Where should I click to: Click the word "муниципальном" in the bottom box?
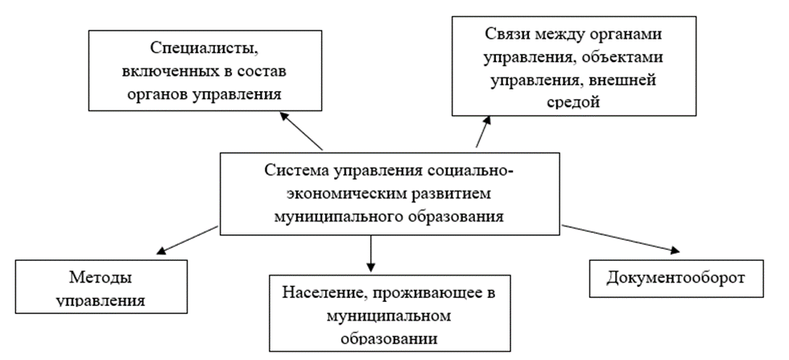coord(388,316)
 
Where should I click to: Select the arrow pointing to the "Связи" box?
coord(481,130)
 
